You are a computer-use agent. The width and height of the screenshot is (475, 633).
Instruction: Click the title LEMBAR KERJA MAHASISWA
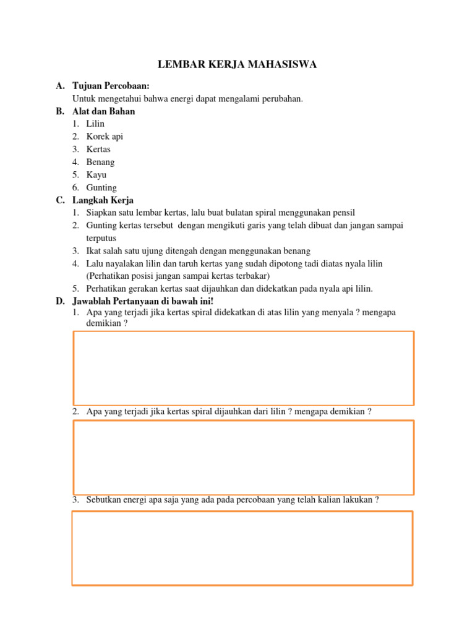[237, 65]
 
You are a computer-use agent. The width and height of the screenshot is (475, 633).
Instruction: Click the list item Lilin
[95, 124]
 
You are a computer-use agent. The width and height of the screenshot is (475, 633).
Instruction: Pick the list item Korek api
[105, 137]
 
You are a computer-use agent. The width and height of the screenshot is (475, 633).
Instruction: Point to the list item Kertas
[98, 150]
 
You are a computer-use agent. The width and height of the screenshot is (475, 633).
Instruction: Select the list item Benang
[100, 162]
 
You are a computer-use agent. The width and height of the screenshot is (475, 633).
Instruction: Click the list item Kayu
[96, 175]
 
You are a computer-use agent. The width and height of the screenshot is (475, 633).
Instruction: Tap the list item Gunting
[101, 188]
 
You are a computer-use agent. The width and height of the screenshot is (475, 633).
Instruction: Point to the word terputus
[101, 238]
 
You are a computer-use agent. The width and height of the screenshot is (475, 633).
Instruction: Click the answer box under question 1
[244, 368]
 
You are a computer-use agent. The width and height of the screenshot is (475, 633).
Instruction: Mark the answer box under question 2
[244, 457]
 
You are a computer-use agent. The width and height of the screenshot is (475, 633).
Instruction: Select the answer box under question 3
[242, 548]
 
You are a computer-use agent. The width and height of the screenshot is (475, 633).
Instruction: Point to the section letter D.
[60, 301]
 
